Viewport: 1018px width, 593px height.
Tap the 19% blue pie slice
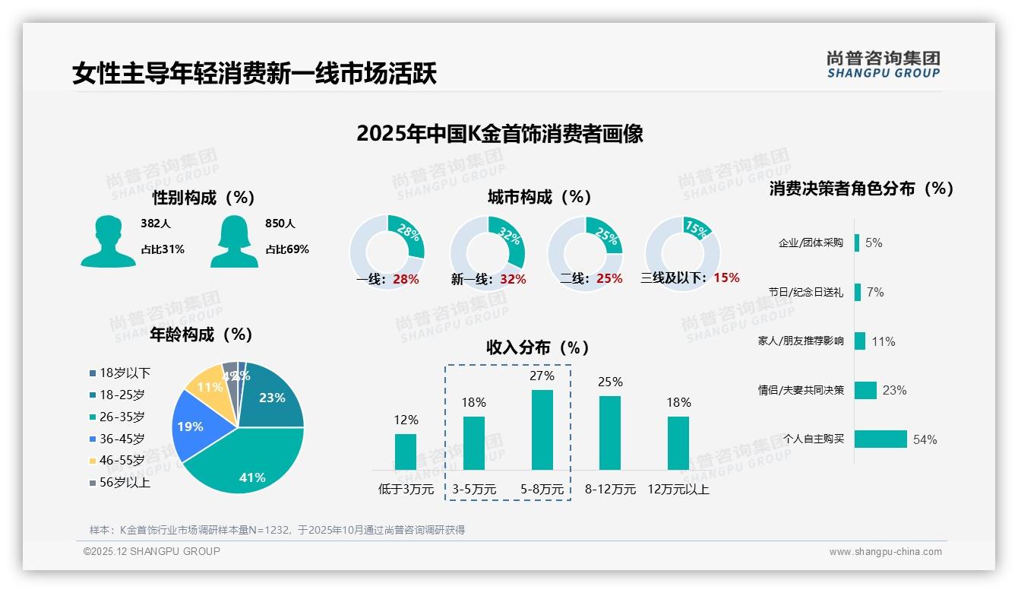pos(191,427)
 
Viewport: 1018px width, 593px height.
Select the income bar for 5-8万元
pos(542,430)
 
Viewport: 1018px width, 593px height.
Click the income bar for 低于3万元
pos(406,452)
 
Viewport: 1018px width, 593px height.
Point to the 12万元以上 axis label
pos(678,490)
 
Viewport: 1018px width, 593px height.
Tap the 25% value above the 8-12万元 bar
pos(609,382)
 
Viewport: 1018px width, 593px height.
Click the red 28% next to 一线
pos(406,279)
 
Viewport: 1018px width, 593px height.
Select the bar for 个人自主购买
pos(880,439)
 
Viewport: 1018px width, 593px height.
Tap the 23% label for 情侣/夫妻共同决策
pos(894,390)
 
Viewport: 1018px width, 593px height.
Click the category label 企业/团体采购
pos(811,243)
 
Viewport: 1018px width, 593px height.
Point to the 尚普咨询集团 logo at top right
pos(883,64)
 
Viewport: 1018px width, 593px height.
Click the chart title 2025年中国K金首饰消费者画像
pos(499,134)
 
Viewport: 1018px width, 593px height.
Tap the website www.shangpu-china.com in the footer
pos(885,552)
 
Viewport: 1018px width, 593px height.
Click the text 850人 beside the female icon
pos(280,224)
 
